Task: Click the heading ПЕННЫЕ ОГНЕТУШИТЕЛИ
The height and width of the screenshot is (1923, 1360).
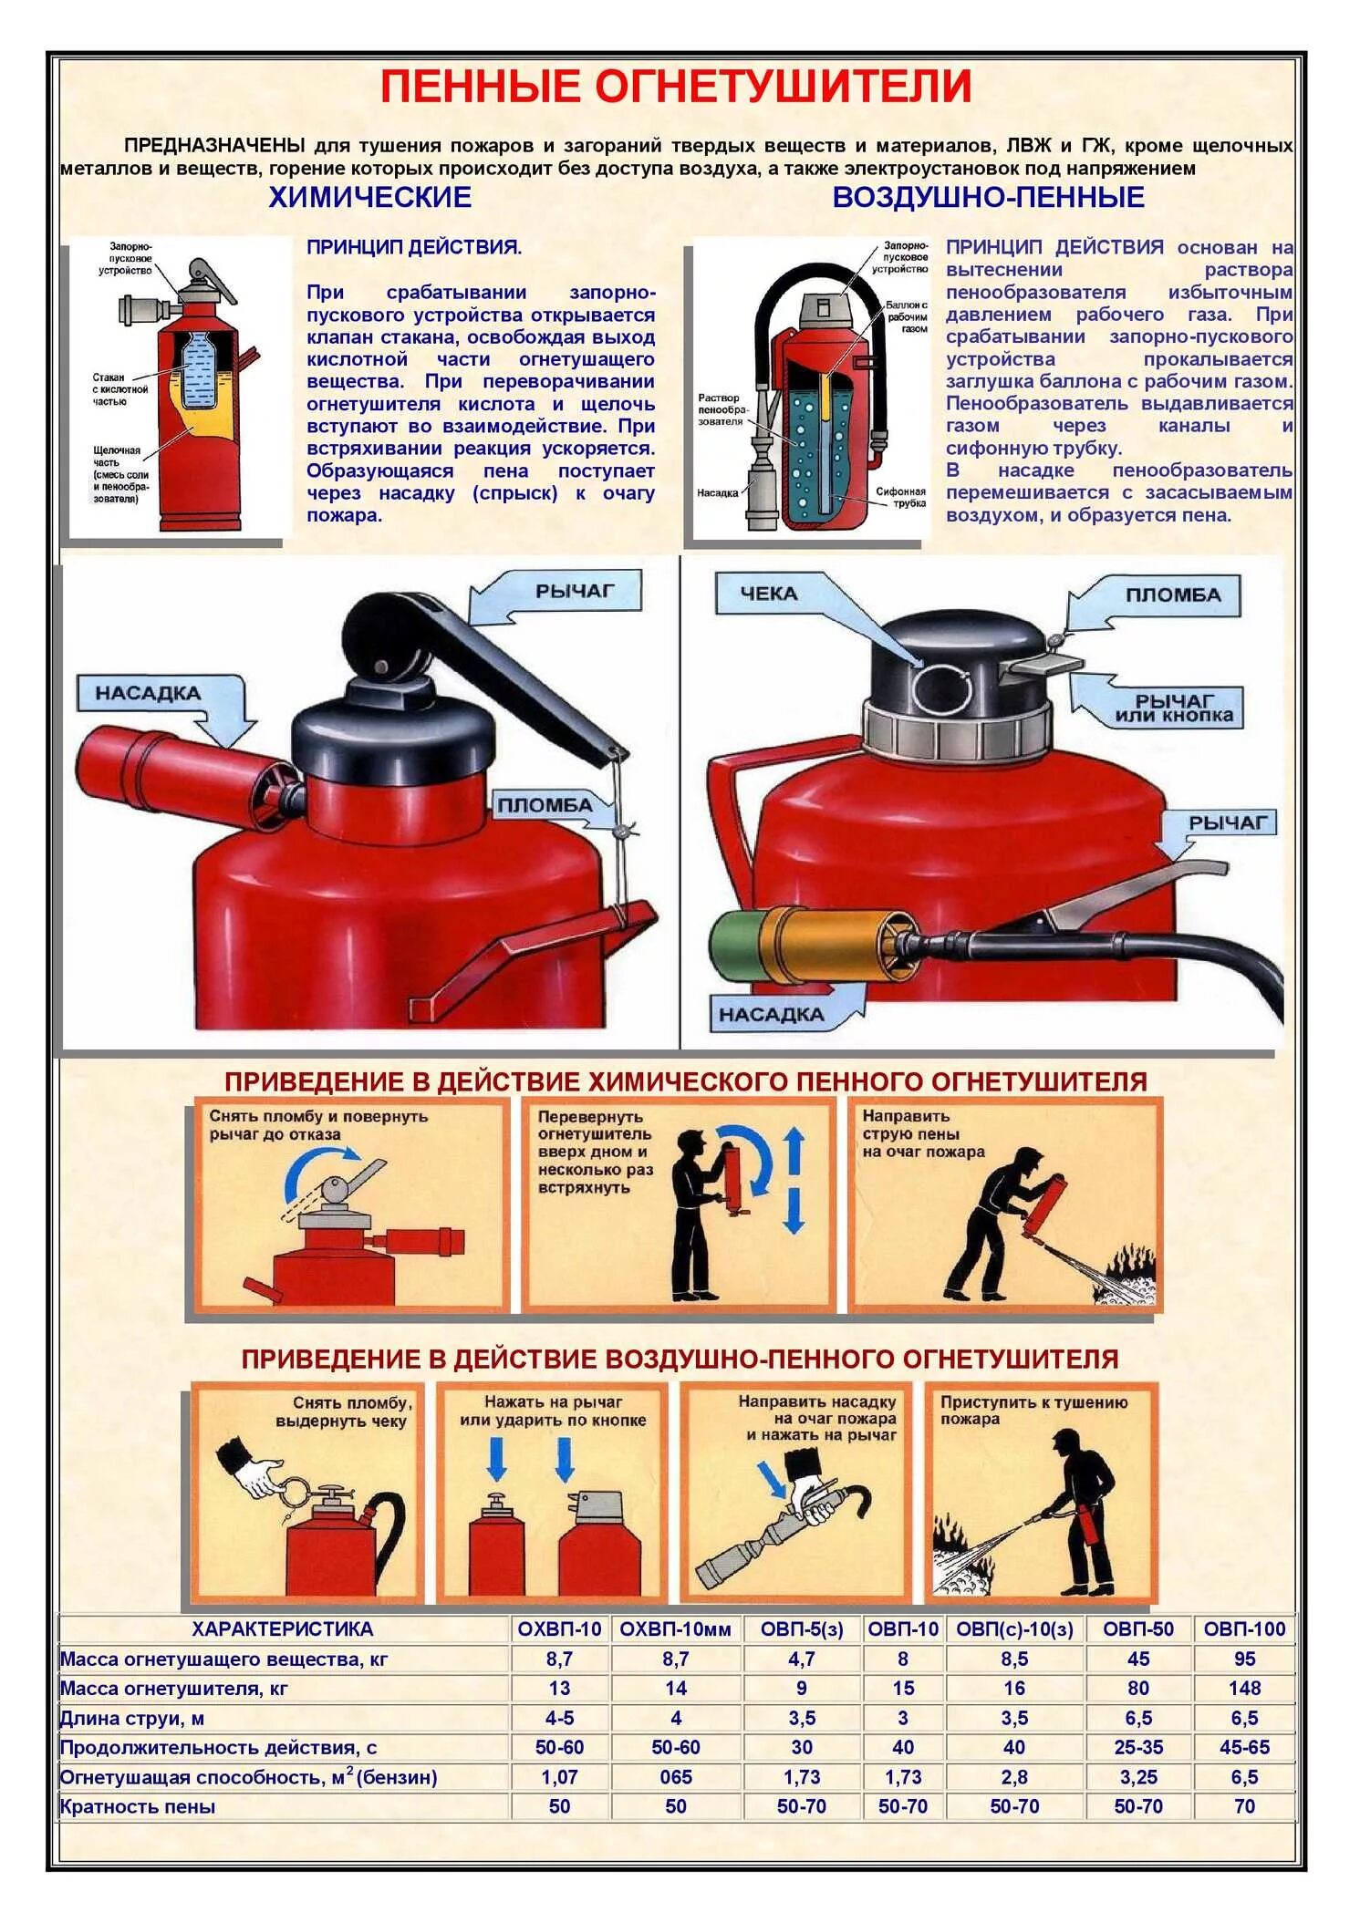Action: [x=675, y=87]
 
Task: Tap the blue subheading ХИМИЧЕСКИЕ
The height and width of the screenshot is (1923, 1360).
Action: [x=369, y=197]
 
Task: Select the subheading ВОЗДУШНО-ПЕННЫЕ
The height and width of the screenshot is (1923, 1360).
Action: [x=988, y=197]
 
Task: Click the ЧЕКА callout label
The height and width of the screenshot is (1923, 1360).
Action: [x=768, y=594]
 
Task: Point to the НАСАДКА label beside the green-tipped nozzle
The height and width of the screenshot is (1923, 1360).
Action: [x=771, y=1014]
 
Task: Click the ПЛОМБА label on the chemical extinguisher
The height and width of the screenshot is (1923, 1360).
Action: [x=545, y=805]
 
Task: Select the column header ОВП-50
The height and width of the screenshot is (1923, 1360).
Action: [x=1137, y=1629]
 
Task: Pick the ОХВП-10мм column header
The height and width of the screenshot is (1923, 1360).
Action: [x=675, y=1629]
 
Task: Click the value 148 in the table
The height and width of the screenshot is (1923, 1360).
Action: [x=1244, y=1688]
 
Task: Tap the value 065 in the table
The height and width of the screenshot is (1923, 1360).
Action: [x=675, y=1777]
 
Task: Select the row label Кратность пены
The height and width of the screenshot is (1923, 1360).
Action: [x=138, y=1806]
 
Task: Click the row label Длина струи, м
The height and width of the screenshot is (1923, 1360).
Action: [x=132, y=1718]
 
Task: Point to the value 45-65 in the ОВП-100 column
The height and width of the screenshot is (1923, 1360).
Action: [x=1244, y=1747]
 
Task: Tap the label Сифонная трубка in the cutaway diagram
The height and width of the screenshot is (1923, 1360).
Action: [x=900, y=497]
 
